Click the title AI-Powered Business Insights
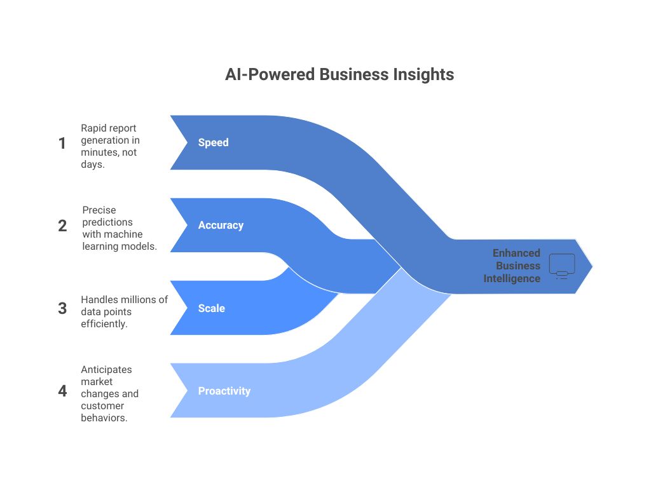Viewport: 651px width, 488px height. click(339, 74)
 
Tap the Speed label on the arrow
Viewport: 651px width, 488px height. click(213, 142)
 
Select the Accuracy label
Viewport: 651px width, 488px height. click(221, 225)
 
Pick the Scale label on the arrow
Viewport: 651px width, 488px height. click(211, 308)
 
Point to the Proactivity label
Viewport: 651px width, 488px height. click(224, 391)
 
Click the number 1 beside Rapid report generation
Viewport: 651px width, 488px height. click(62, 144)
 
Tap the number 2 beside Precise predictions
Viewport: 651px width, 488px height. click(62, 226)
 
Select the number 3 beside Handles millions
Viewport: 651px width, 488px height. click(62, 309)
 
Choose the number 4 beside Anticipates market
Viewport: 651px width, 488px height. click(62, 391)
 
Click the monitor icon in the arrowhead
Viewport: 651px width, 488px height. click(561, 266)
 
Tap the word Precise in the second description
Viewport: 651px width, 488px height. click(99, 210)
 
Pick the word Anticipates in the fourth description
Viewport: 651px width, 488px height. click(107, 369)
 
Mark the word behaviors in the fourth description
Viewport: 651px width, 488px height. click(104, 417)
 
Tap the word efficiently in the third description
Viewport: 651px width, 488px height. click(104, 323)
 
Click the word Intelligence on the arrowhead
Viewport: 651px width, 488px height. click(512, 278)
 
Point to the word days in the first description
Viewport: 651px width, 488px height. click(93, 165)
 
